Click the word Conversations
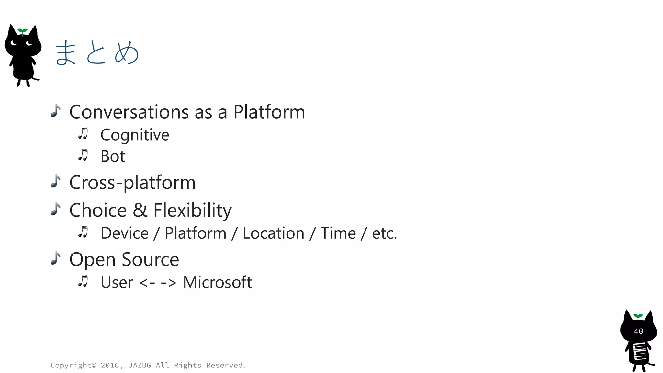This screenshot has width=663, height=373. [129, 112]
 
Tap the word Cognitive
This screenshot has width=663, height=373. [135, 135]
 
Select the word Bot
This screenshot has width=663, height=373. [113, 156]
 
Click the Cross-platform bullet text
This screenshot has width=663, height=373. [132, 183]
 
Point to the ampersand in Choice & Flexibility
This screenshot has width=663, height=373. [140, 210]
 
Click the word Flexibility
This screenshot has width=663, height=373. [192, 210]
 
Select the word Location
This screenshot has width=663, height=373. [273, 233]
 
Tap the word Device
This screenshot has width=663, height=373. [124, 233]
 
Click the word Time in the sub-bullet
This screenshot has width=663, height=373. [338, 233]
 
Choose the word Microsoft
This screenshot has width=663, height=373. [217, 282]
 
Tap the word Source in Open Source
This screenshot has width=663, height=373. [150, 260]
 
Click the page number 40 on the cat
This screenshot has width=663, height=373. [638, 331]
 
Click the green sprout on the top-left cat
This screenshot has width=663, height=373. [22, 31]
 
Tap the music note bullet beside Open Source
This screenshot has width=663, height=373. [56, 258]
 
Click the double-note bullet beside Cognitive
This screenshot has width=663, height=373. [83, 134]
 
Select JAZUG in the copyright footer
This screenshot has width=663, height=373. [140, 365]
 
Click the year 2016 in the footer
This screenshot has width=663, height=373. [109, 365]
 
